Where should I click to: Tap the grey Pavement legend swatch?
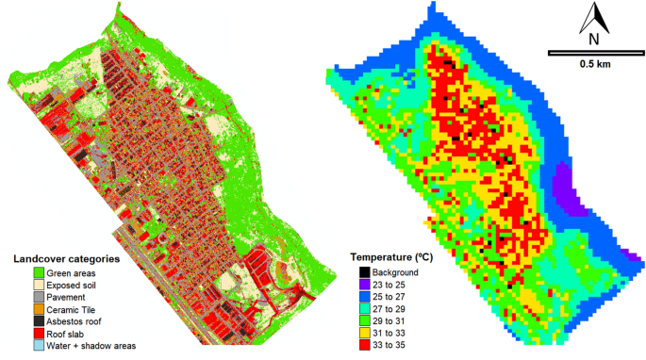pos(19,297)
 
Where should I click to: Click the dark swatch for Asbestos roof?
pos(19,321)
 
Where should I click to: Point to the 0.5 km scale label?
pos(593,64)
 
